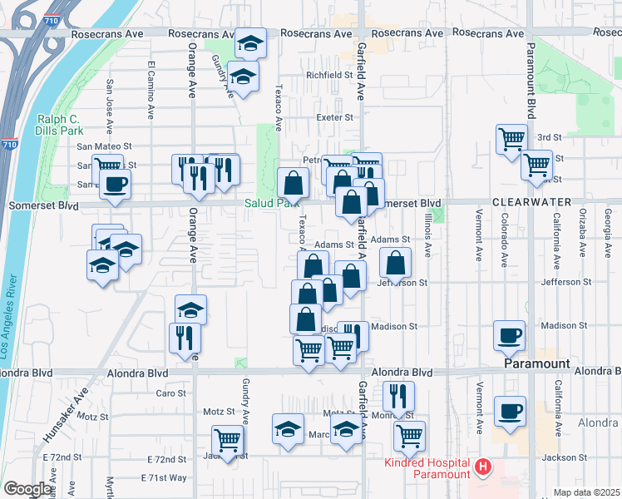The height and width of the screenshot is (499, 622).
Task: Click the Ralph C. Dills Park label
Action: point(60,125)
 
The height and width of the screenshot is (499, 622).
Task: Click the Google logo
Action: point(28,489)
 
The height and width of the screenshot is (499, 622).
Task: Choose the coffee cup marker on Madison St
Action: point(509,335)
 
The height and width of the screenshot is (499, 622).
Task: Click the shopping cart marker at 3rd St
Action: point(511,140)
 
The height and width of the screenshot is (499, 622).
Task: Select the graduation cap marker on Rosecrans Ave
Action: point(249,43)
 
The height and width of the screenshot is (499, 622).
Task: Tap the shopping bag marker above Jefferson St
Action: point(396,264)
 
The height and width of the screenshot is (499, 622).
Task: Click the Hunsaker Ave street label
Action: point(67,417)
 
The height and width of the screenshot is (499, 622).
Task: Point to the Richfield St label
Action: point(330,75)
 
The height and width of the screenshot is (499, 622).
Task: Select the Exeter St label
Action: point(335,117)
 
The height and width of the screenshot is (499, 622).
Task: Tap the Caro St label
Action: point(171,393)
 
